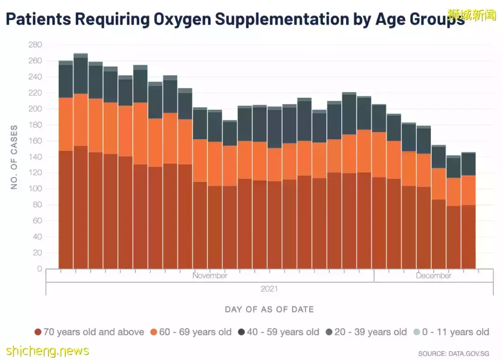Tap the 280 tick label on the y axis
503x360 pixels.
coord(35,45)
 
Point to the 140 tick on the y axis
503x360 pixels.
coord(35,157)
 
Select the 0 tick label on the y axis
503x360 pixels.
coord(40,269)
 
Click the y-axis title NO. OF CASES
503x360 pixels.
coord(14,157)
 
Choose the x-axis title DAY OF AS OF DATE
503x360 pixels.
coord(269,309)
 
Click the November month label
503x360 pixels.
coord(210,276)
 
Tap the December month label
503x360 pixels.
coord(434,276)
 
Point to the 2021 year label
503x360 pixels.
coord(269,289)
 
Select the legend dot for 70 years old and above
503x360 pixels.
coord(38,332)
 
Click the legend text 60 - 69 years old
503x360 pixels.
coord(195,332)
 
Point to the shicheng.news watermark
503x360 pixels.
coord(48,350)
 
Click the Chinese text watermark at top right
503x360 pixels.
coord(472,15)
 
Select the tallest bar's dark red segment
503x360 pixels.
coord(81,207)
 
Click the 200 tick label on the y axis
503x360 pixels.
coord(35,109)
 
